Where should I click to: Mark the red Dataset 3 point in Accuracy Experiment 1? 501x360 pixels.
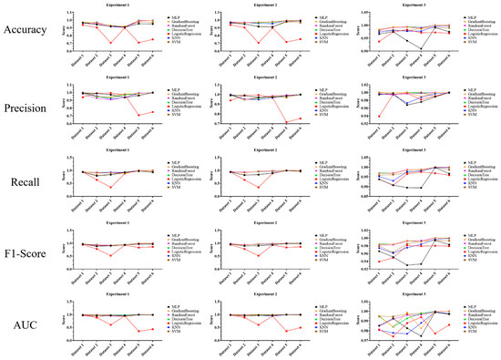click(111, 43)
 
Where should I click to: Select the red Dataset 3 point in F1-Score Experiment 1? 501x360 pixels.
click(111, 256)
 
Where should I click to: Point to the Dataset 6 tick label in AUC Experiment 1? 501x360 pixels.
click(151, 347)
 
